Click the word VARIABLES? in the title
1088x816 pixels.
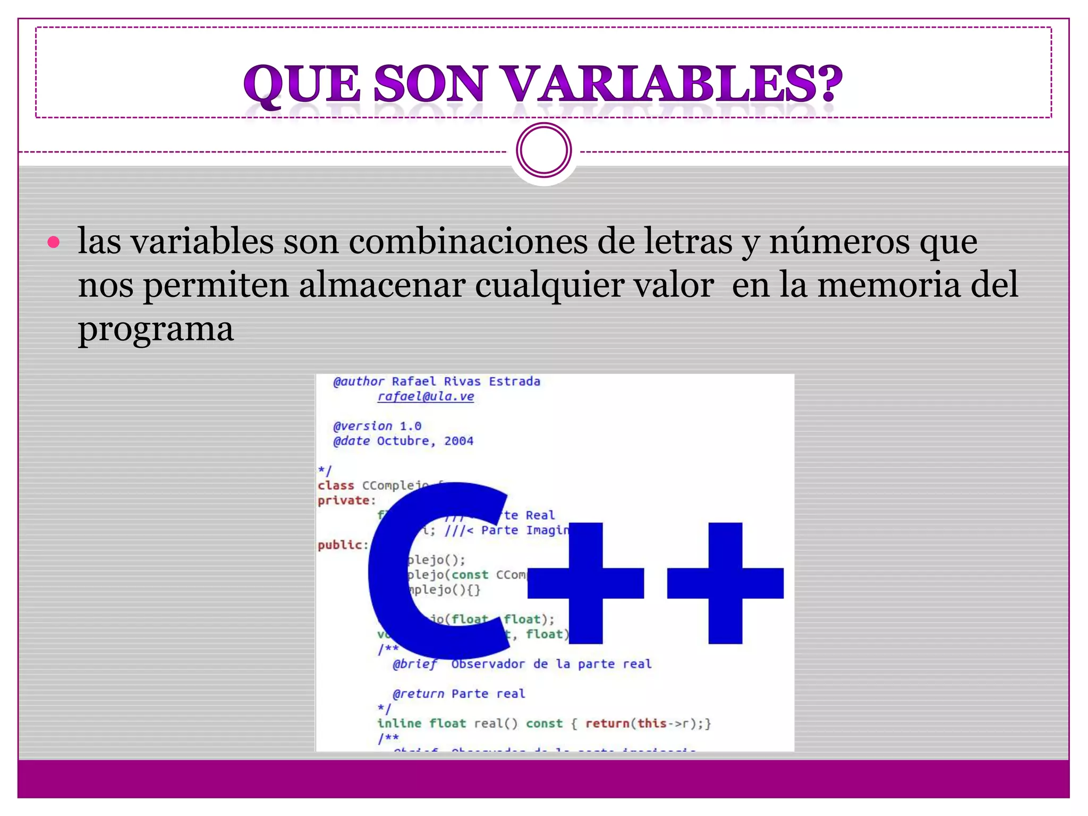(672, 84)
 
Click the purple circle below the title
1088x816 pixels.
(543, 150)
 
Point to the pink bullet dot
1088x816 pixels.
(53, 243)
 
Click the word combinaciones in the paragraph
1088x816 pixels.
(467, 242)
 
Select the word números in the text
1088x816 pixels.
(839, 242)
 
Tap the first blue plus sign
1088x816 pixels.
(585, 583)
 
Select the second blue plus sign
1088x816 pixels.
(725, 583)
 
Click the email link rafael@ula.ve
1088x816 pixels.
(426, 396)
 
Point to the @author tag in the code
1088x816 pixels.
(359, 381)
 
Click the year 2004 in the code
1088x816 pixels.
(458, 441)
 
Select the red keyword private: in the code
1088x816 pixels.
(346, 500)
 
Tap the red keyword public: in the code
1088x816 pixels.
(343, 545)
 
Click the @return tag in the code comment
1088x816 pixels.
(418, 694)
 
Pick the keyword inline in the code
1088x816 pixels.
(399, 724)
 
